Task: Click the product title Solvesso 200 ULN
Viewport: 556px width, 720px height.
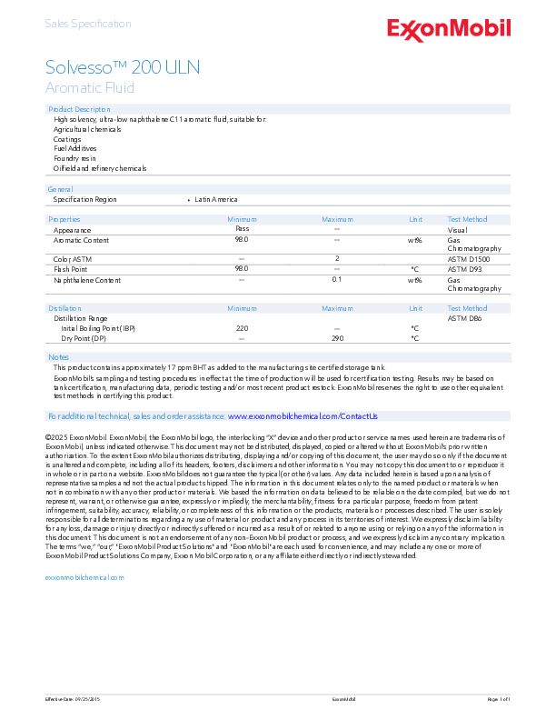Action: click(x=123, y=68)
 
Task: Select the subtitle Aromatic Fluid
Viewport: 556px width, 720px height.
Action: click(x=90, y=88)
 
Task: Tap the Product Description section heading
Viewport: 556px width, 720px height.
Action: click(x=79, y=109)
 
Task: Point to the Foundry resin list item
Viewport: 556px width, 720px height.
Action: click(x=74, y=158)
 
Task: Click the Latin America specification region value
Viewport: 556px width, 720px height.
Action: click(x=216, y=199)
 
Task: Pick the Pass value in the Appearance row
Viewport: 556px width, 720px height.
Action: click(x=242, y=230)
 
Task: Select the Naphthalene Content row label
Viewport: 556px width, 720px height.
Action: click(x=87, y=280)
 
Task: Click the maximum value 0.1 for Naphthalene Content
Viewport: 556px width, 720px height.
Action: click(x=336, y=280)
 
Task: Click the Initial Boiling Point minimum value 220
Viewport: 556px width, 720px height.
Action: click(x=242, y=328)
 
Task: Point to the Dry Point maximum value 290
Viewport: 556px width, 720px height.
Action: click(x=337, y=338)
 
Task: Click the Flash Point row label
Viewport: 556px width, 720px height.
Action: click(x=71, y=269)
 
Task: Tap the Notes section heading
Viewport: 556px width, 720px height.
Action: click(x=58, y=357)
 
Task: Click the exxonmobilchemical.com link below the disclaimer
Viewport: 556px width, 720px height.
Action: click(x=84, y=577)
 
